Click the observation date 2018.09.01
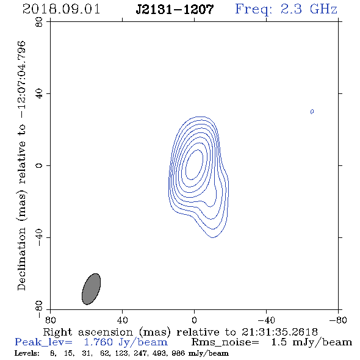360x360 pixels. [61, 9]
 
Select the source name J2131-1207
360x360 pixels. [175, 9]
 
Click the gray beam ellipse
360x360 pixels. [91, 289]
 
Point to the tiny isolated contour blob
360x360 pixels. [312, 112]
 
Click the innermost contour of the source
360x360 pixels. [194, 164]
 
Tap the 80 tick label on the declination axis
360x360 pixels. [39, 22]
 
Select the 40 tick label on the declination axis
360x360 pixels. [39, 94]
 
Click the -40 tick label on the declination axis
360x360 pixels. [39, 237]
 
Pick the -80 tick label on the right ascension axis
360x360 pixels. [338, 320]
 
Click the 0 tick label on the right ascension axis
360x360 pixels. [194, 320]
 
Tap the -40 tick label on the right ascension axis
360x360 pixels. [266, 320]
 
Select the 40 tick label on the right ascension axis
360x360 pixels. [123, 320]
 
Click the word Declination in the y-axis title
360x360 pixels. [21, 259]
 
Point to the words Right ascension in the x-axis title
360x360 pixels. [88, 332]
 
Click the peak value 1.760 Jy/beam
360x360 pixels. [126, 342]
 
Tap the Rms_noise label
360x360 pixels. [225, 342]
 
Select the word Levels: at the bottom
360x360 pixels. [27, 353]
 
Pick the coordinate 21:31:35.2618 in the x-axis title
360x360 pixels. [279, 332]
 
